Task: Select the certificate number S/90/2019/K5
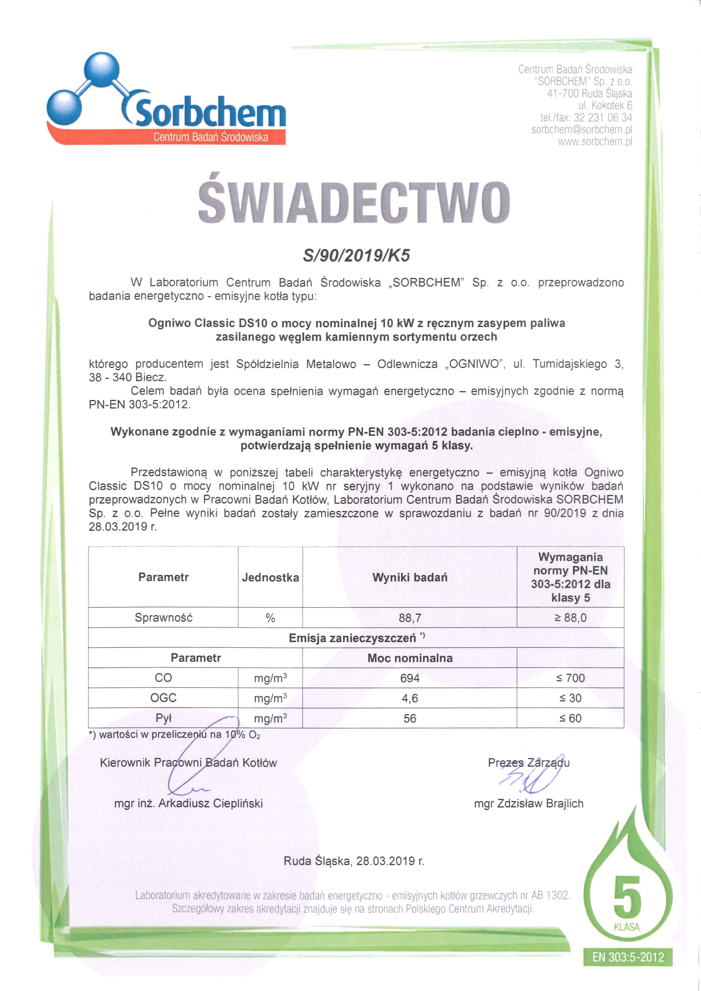coord(356,255)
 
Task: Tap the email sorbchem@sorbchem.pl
coord(581,130)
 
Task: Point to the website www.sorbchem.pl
coord(595,142)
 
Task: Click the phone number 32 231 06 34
coord(603,117)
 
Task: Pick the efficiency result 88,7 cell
coord(409,618)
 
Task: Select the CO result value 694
coord(409,677)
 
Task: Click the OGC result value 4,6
coord(409,698)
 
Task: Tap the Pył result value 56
coord(409,718)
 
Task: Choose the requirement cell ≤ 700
coord(570,677)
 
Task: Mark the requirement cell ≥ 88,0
coord(570,618)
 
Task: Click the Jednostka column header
coord(270,577)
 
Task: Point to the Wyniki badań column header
coord(409,577)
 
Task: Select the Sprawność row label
coord(163,618)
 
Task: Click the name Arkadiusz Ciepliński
coord(210,803)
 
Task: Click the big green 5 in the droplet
coord(627,897)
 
